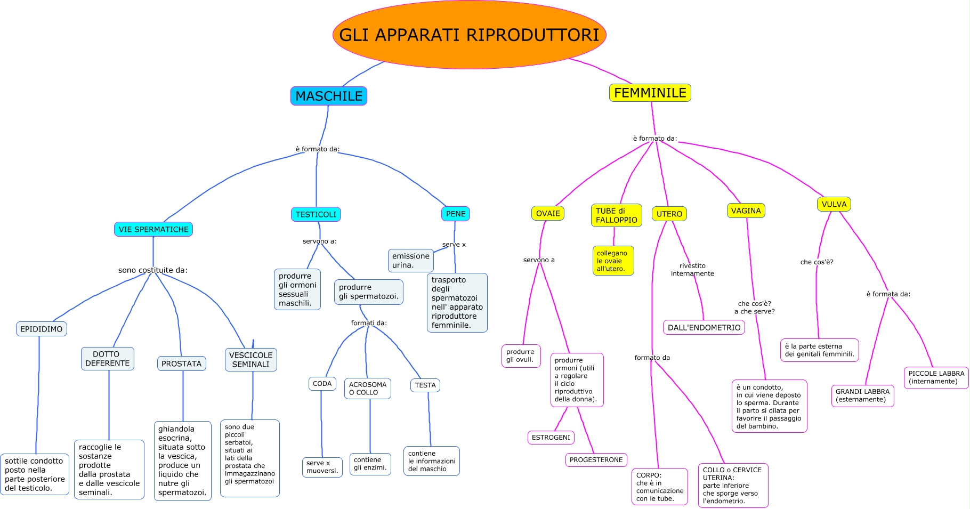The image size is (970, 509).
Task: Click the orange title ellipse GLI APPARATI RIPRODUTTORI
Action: point(469,35)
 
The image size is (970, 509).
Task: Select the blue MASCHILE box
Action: point(329,96)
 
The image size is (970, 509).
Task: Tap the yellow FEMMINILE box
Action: point(650,93)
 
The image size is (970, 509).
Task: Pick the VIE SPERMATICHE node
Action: point(153,229)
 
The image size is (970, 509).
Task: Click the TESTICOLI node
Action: point(316,214)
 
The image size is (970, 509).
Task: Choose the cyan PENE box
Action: point(456,214)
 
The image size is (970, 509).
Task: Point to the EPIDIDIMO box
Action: point(42,329)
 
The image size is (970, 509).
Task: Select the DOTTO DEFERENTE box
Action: point(107,359)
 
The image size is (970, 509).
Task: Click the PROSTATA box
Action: point(181,363)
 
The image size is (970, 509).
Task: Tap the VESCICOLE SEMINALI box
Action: point(250,360)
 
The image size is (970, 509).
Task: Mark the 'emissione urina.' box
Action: point(410,261)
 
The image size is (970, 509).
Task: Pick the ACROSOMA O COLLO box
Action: point(368,389)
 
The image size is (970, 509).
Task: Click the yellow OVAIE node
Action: point(548,213)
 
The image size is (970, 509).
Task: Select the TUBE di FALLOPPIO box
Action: point(616,215)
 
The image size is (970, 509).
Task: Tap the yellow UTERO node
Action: point(669,214)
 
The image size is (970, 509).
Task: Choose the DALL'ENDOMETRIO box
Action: point(704,327)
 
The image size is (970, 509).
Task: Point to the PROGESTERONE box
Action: point(596,459)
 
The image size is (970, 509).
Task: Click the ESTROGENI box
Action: point(551,437)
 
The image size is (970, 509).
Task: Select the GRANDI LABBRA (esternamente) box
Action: point(862,395)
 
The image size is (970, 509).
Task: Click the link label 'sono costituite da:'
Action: point(153,270)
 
